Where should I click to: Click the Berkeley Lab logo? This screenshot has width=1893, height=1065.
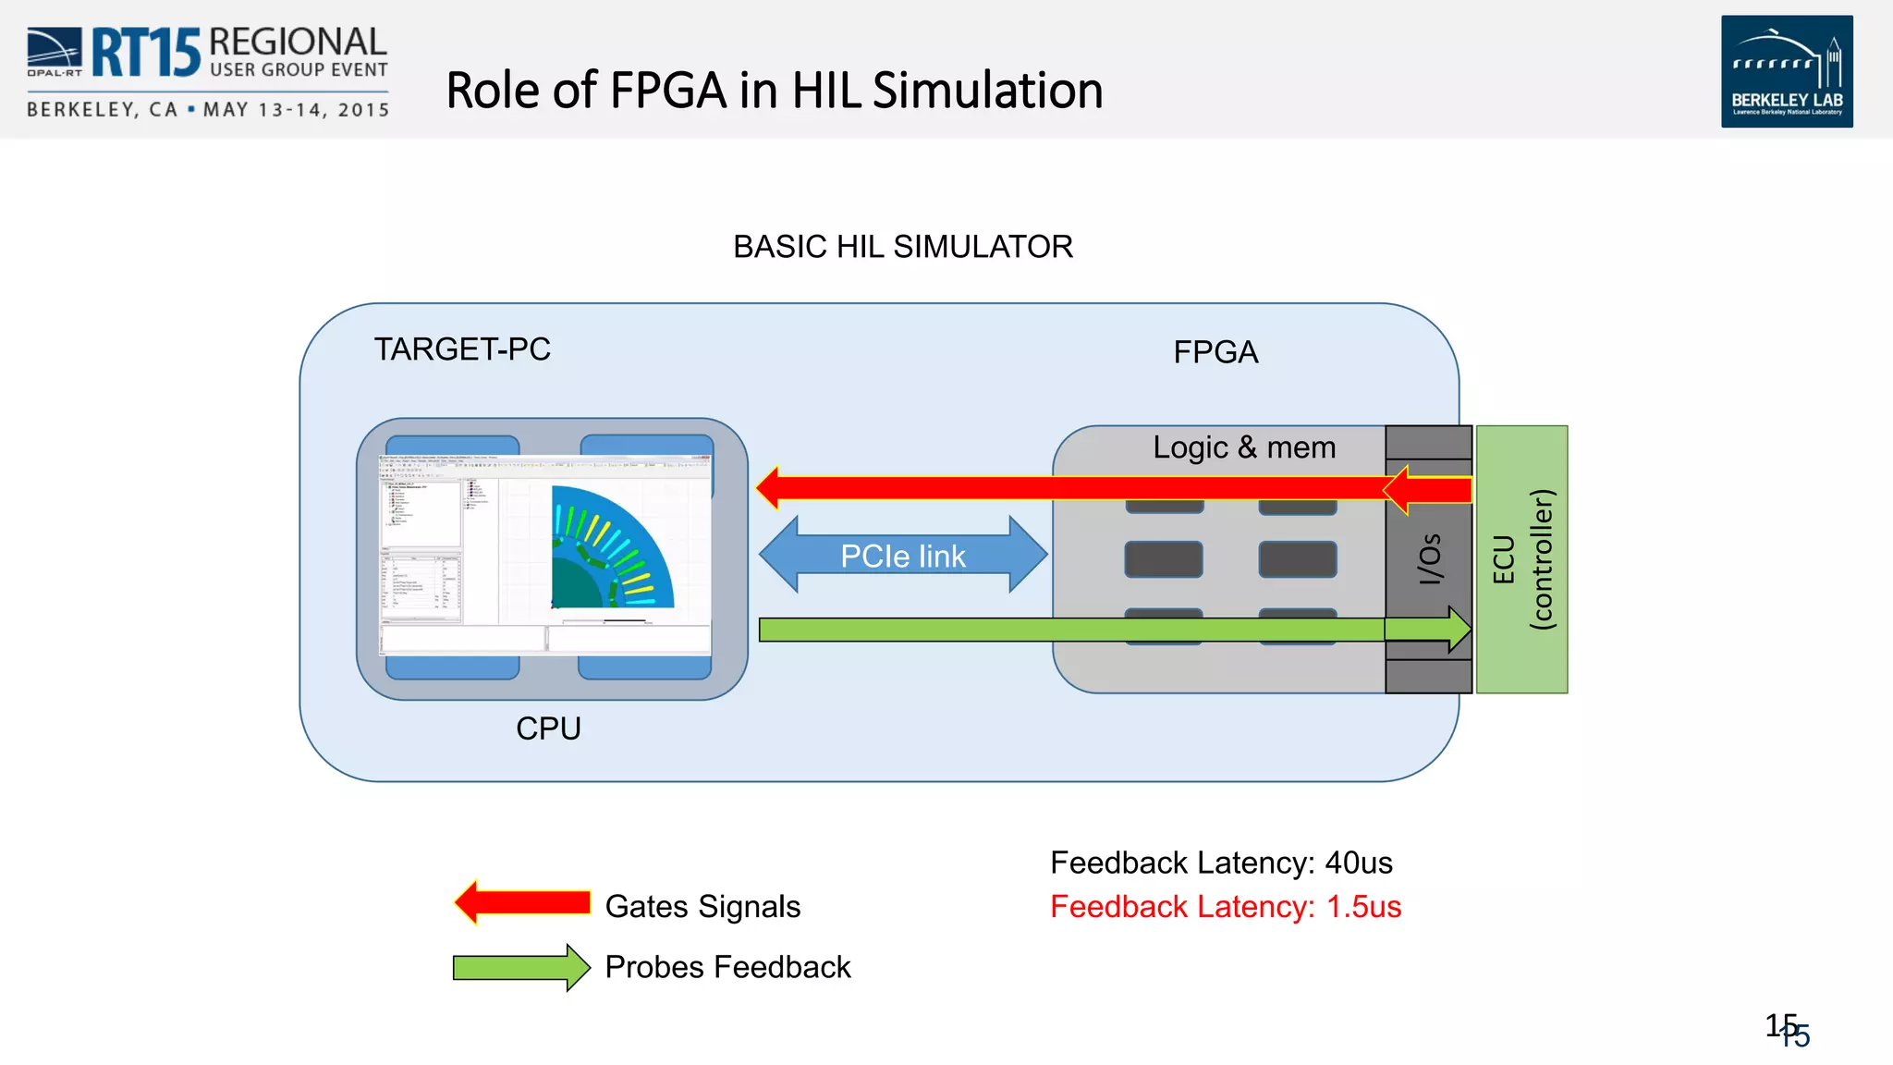tap(1786, 71)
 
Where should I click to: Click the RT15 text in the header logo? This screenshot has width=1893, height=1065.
tap(145, 53)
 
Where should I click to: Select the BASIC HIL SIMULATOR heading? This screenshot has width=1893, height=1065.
tap(902, 247)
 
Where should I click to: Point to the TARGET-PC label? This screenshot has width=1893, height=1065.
tap(462, 349)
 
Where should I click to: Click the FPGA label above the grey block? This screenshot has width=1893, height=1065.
tap(1215, 352)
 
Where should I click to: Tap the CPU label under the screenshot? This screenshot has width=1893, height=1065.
tap(548, 728)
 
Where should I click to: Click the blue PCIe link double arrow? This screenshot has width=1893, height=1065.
tap(903, 556)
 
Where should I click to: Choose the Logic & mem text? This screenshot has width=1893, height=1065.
tap(1244, 447)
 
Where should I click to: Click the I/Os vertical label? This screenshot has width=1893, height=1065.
tap(1430, 558)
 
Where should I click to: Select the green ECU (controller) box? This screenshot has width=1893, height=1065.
tap(1521, 559)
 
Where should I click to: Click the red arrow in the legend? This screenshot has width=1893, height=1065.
tap(522, 902)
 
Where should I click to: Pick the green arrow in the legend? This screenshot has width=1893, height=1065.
tap(521, 968)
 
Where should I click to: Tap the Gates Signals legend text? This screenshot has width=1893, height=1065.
tap(702, 907)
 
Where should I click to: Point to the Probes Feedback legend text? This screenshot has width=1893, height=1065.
tap(727, 967)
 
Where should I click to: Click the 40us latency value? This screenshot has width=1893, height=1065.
tap(1358, 863)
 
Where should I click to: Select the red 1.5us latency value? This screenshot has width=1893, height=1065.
tap(1363, 907)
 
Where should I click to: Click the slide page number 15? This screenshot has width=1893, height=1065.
tap(1786, 1028)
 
